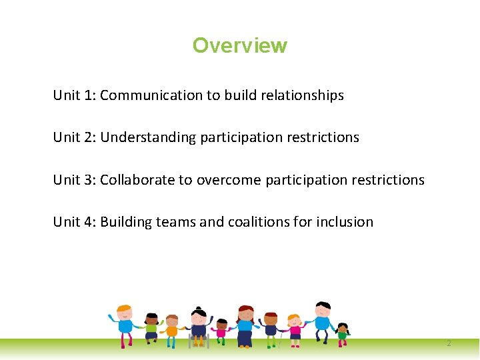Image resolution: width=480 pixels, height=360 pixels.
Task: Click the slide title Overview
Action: coord(240,45)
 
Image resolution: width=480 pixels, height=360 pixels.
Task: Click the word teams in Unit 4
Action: coord(176,222)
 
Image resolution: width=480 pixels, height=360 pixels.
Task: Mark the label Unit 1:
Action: coord(75,95)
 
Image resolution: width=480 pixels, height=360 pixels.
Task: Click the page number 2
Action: coord(449,343)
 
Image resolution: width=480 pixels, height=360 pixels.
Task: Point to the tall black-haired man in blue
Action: coord(323,322)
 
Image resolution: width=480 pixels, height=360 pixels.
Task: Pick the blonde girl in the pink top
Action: coord(294,329)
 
